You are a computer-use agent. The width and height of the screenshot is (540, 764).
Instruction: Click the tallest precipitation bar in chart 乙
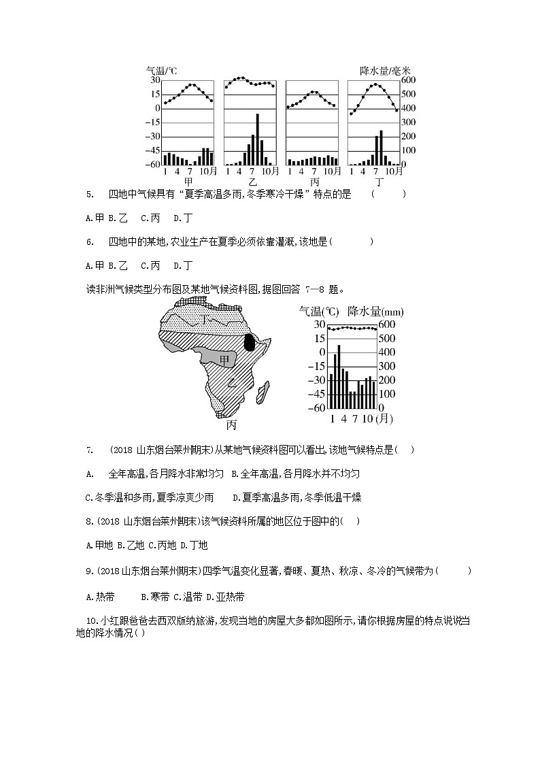pos(257,139)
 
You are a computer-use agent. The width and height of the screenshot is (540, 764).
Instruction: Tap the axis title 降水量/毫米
pos(386,71)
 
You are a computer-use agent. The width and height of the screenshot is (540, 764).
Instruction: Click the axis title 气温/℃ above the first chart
pos(162,71)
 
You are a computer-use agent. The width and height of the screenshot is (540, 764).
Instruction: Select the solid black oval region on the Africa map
pos(250,342)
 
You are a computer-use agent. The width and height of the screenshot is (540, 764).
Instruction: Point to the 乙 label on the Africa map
pos(231,382)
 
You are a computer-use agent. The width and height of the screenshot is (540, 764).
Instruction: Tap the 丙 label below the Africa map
pos(231,425)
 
